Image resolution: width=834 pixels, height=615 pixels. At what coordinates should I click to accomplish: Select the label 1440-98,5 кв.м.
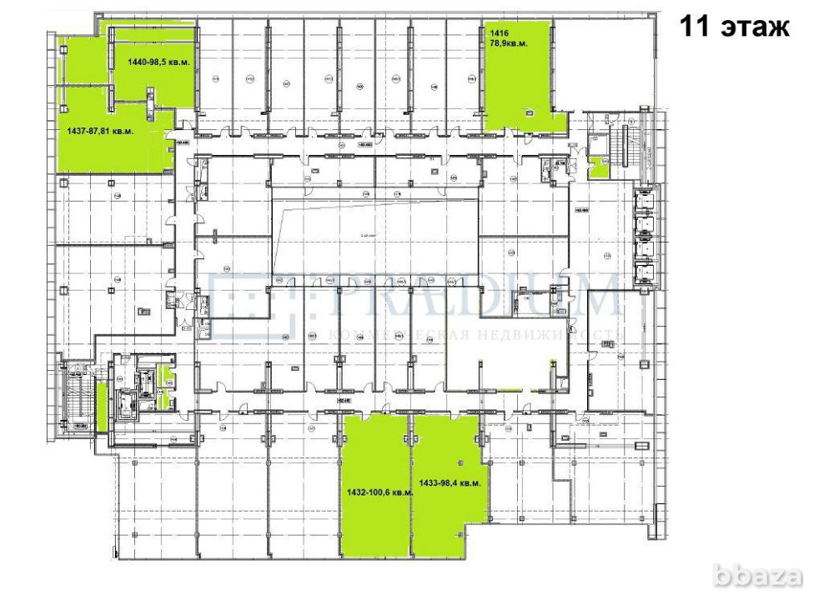158,62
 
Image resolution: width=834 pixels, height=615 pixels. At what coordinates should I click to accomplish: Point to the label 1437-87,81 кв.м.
100,131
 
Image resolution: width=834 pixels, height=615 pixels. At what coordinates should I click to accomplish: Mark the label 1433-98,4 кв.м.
450,482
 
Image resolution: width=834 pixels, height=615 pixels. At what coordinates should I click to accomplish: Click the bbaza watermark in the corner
766,576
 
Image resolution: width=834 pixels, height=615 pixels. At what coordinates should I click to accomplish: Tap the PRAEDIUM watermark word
467,298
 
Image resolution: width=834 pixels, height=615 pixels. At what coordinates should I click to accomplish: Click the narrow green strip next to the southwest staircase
102,405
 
